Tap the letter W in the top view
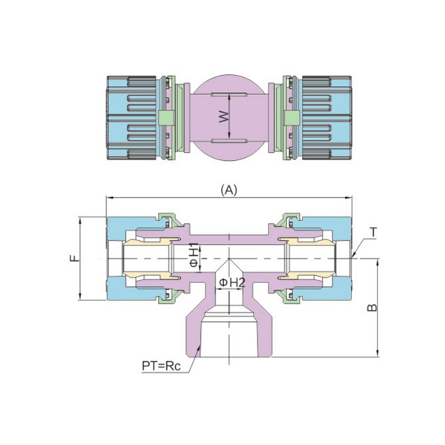click(x=222, y=116)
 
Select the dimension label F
click(x=73, y=259)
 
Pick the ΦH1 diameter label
click(x=194, y=253)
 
